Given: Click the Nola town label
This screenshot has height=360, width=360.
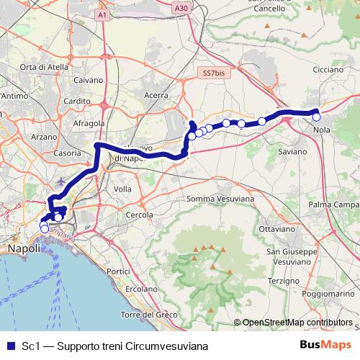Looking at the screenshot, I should click(x=322, y=130).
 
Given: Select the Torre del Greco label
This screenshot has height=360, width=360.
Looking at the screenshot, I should click(x=149, y=315).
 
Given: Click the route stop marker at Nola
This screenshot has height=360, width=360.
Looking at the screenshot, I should click(x=316, y=117).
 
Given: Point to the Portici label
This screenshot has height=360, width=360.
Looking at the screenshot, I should click(x=117, y=271).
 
